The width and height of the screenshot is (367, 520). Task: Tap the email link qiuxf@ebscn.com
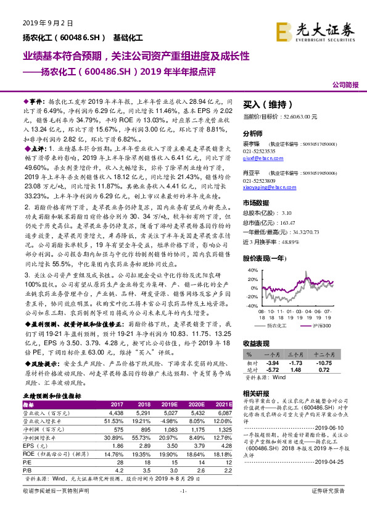[x=259, y=157]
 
